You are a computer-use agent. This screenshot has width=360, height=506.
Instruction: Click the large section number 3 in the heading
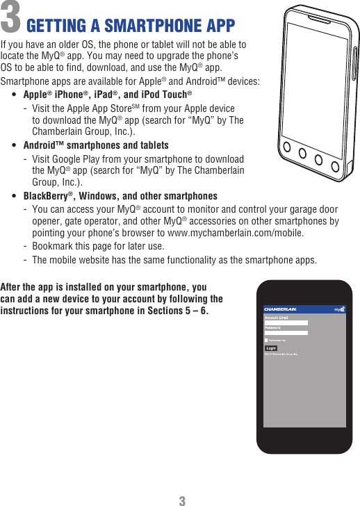(10, 20)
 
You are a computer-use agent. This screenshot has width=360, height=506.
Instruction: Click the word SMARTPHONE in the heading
(137, 26)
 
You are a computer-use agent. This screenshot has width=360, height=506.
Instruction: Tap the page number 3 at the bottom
(181, 500)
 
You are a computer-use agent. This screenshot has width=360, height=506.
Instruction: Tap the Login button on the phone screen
(271, 348)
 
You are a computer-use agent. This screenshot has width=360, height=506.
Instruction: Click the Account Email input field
(286, 323)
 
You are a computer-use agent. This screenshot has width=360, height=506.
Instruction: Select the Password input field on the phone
(286, 332)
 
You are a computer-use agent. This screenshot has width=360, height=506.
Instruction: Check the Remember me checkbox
(266, 340)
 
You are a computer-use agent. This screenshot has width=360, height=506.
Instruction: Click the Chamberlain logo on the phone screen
(281, 309)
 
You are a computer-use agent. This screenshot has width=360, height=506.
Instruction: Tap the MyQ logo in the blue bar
(339, 309)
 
